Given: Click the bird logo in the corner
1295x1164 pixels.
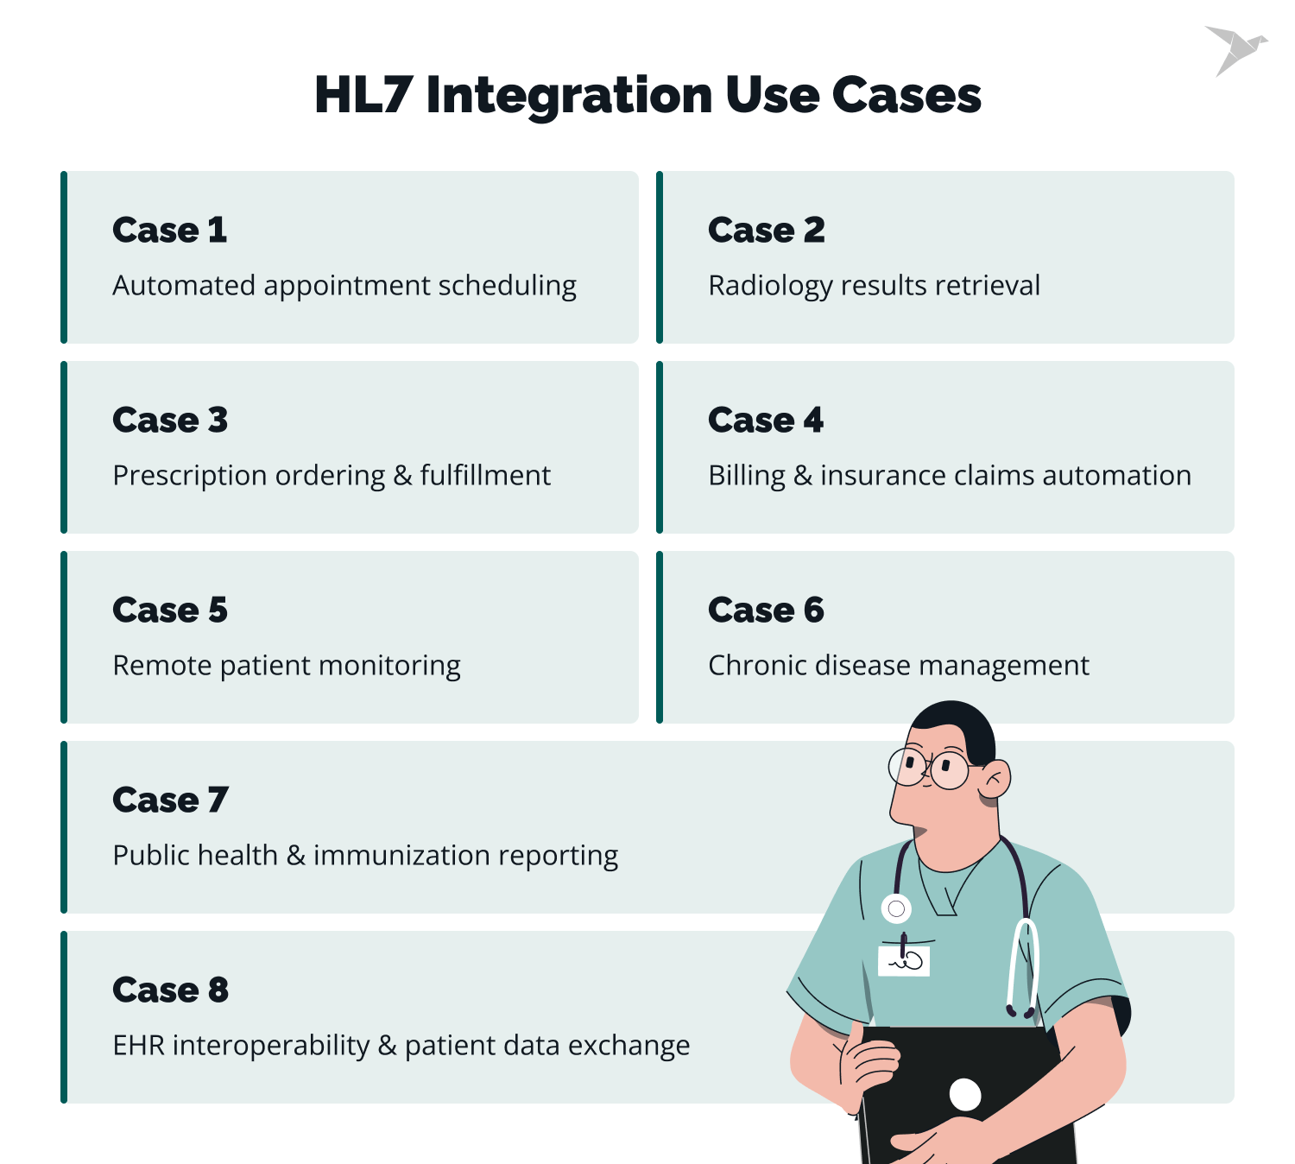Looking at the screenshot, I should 1235,49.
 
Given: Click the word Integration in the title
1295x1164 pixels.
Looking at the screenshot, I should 569,95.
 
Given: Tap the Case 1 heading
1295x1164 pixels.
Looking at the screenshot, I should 169,231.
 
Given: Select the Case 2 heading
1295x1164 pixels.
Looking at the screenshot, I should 766,231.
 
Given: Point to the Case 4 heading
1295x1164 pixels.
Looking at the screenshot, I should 765,421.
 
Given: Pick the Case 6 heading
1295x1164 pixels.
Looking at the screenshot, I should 766,610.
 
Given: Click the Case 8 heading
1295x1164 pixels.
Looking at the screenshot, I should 170,990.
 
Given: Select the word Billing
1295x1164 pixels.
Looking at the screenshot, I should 746,476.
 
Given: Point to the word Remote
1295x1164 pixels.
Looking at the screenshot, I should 161,666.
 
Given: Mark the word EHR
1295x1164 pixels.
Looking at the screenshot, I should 138,1046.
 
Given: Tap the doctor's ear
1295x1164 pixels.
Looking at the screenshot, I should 995,780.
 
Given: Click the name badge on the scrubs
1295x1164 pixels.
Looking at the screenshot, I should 904,960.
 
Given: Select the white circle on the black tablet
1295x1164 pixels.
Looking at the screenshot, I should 964,1095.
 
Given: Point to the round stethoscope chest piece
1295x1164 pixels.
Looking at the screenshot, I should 896,908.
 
